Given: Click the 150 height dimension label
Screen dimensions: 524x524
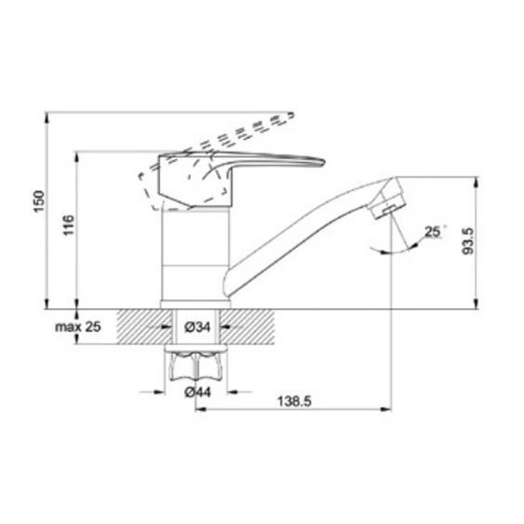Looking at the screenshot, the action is point(39,201).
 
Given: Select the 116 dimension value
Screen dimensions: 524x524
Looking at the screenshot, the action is point(69,225).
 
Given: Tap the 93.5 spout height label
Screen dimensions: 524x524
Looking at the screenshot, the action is point(468,241).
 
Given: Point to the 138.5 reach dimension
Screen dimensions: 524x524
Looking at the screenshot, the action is point(294,401).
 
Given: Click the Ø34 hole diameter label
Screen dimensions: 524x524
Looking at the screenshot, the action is point(197,327).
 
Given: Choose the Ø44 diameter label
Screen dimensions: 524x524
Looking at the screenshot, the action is point(198,392).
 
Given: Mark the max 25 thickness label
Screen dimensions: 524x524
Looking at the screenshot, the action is point(78,327).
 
